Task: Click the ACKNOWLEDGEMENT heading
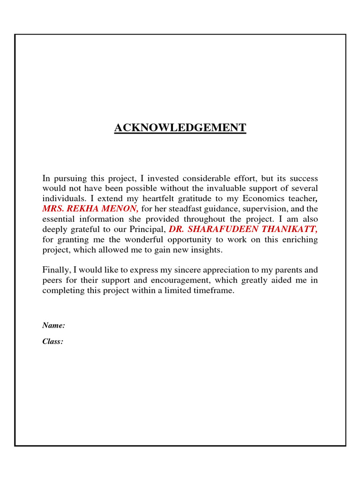pyautogui.click(x=180, y=128)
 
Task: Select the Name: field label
pyautogui.click(x=53, y=325)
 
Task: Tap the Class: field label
pyautogui.click(x=52, y=342)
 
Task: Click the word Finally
pyautogui.click(x=56, y=270)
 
